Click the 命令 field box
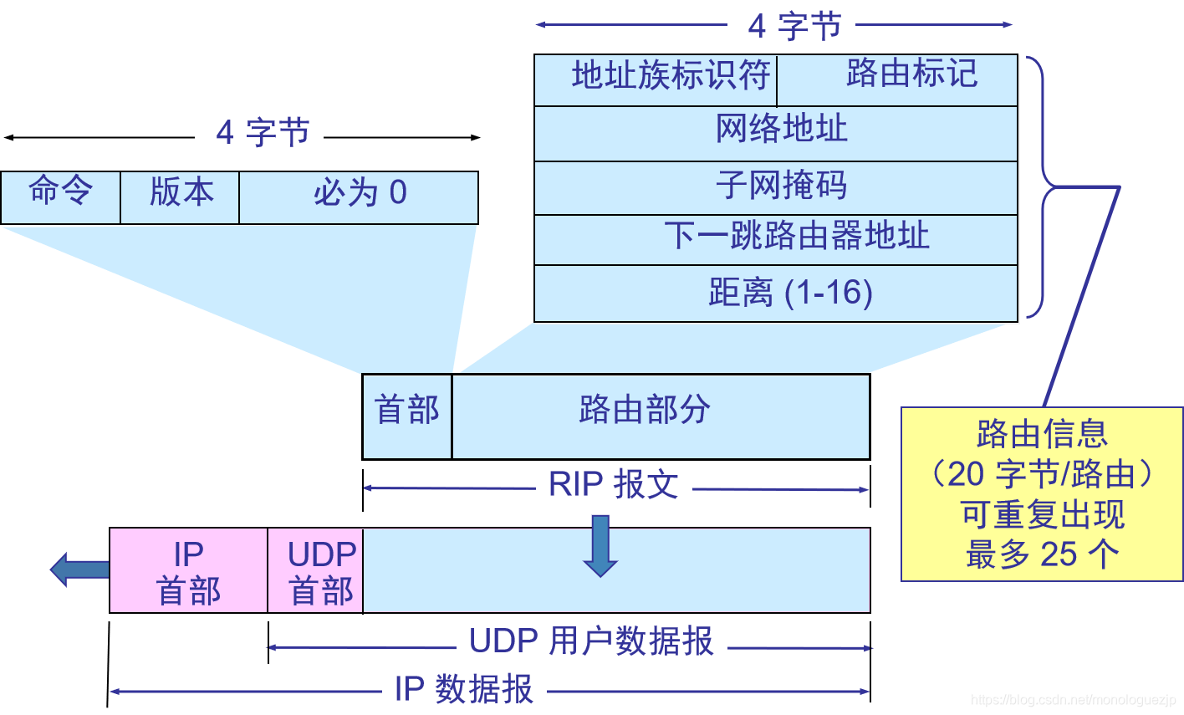pos(60,197)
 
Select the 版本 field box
pos(180,197)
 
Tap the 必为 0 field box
pos(359,197)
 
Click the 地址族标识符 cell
pos(656,79)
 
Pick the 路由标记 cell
pos(898,79)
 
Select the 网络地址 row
pos(776,133)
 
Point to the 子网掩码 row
pos(776,187)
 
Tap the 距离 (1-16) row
pos(776,294)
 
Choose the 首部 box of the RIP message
pos(407,416)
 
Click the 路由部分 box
pos(661,416)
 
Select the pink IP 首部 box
pos(188,570)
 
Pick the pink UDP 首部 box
pos(316,570)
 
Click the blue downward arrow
pos(600,546)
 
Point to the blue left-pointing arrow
pos(79,569)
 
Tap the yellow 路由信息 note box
pos(1042,493)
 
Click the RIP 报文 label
pos(614,485)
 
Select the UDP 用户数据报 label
pos(591,641)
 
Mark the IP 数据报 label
pos(463,690)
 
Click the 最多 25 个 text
pos(1042,554)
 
